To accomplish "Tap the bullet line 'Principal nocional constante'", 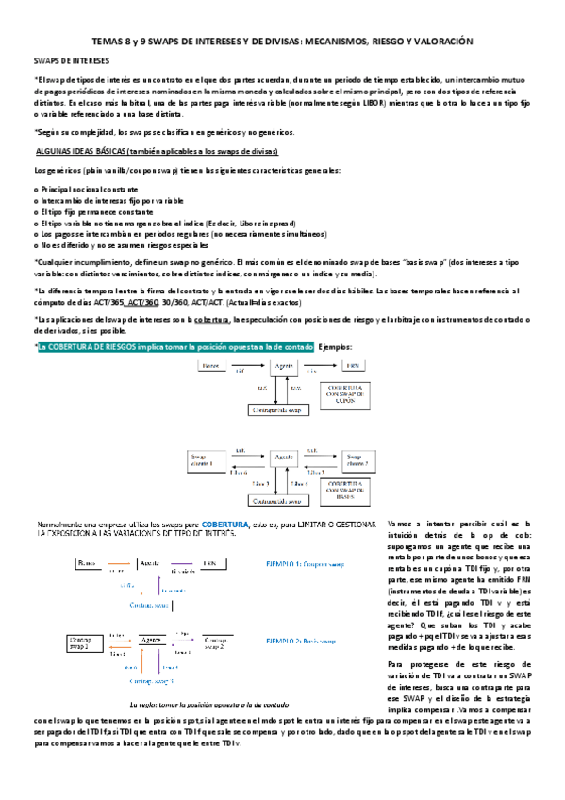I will pyautogui.click(x=87, y=191).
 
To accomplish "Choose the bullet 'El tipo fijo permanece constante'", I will pyautogui.click(x=92, y=211).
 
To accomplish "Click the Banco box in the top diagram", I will pyautogui.click(x=212, y=365).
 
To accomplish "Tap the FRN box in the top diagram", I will pyautogui.click(x=351, y=365).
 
